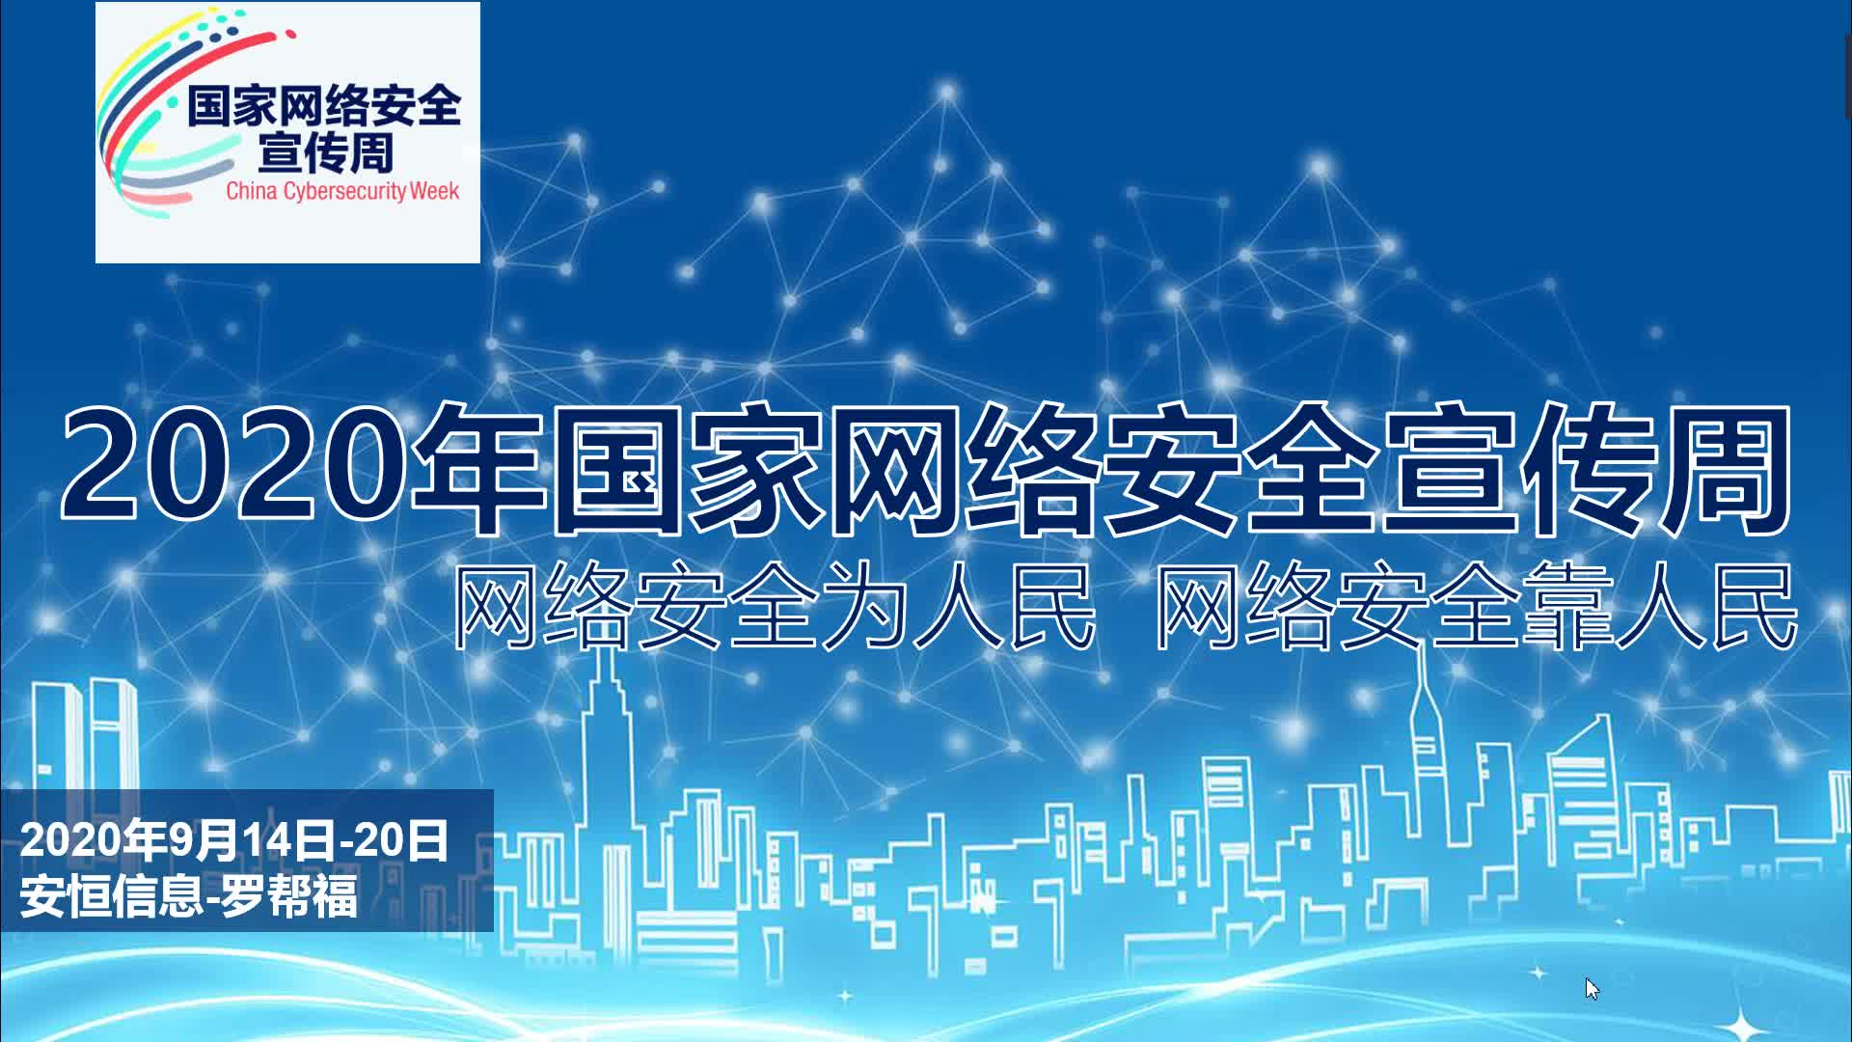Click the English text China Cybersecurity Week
(342, 190)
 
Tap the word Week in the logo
(434, 190)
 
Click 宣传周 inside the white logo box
(326, 152)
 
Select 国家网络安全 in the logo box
(324, 105)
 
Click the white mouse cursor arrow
(1591, 988)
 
